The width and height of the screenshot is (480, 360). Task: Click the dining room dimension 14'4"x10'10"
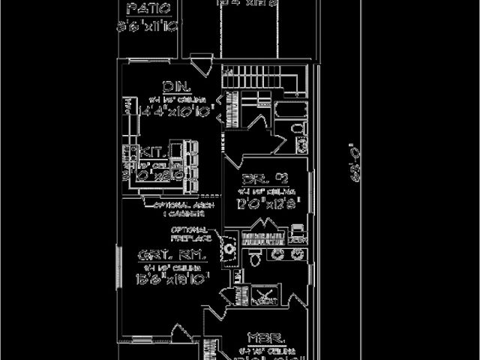pos(171,109)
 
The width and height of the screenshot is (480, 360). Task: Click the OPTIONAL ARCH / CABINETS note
pos(183,208)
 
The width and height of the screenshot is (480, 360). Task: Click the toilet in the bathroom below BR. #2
pos(254,258)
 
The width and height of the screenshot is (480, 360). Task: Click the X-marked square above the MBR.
pos(264,295)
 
